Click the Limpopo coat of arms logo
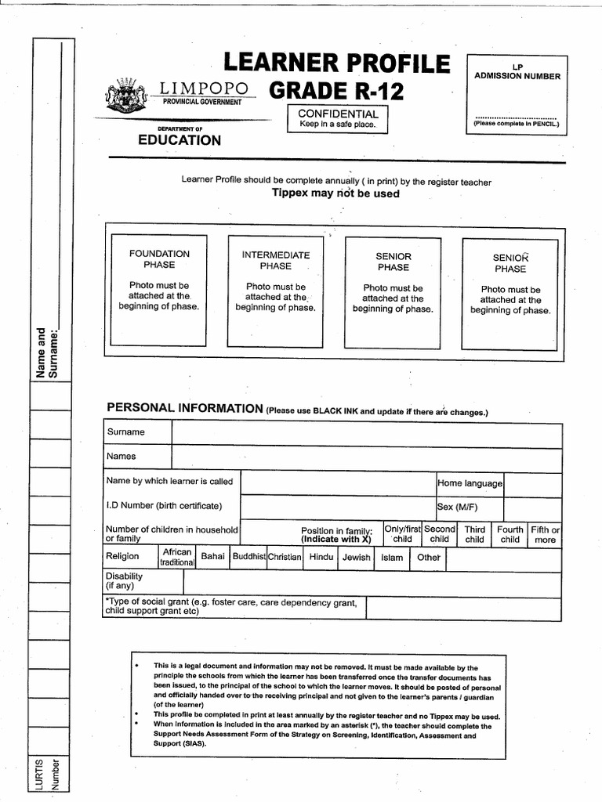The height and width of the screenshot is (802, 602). (122, 96)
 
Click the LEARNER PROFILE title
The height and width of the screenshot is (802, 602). (337, 63)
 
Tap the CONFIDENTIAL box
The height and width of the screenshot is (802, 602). (338, 118)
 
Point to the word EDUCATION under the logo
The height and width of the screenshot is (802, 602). (180, 140)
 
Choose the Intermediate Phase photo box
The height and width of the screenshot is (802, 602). (275, 291)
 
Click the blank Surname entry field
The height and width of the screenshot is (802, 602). (366, 432)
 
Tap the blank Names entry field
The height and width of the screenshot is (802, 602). (366, 457)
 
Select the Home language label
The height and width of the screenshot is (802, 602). (470, 483)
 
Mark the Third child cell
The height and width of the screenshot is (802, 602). (474, 534)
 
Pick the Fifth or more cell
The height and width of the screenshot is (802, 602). (545, 534)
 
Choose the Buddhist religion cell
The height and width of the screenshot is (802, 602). (248, 557)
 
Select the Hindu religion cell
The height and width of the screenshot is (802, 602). (321, 557)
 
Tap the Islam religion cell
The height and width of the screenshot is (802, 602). (392, 558)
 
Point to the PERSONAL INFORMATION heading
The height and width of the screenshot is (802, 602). (184, 408)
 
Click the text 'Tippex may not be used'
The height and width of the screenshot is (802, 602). (335, 193)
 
